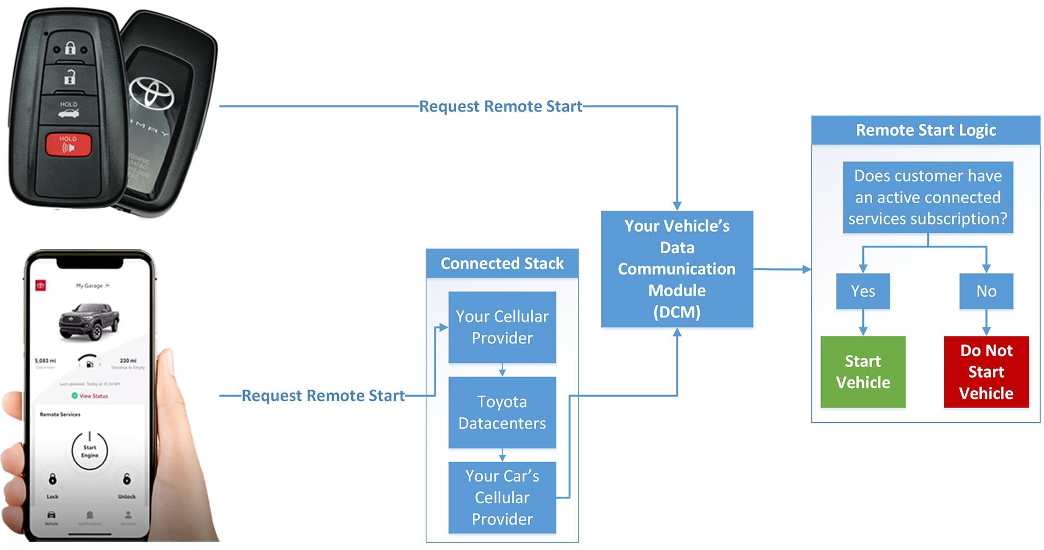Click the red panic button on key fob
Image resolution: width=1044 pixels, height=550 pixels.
coord(68,145)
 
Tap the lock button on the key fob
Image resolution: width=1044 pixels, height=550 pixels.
coord(70,48)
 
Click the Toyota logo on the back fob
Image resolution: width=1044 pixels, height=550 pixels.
coord(151,92)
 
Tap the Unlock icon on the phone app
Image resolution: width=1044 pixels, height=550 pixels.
coord(127,479)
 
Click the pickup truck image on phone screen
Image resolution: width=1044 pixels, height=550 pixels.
coord(89,320)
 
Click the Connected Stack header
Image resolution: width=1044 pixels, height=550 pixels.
coord(502,264)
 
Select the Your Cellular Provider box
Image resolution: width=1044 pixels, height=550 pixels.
coord(502,327)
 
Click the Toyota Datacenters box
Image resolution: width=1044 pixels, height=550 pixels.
coord(502,412)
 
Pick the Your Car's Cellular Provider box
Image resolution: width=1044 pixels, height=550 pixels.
coord(502,497)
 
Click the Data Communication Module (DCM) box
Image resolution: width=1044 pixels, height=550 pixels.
coord(676,269)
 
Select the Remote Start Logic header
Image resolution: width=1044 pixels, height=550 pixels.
coord(925,130)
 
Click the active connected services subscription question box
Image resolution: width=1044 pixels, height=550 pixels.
coord(928,197)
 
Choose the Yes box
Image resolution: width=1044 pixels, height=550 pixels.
coord(862,291)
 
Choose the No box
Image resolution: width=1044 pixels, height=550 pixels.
coord(986,291)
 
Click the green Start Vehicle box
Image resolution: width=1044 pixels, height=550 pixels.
coord(862,372)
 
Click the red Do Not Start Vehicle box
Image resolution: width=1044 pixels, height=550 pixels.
coord(986,372)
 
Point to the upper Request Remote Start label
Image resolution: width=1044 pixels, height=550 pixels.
coord(500,107)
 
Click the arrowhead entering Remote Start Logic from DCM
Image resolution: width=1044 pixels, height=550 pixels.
coord(806,269)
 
